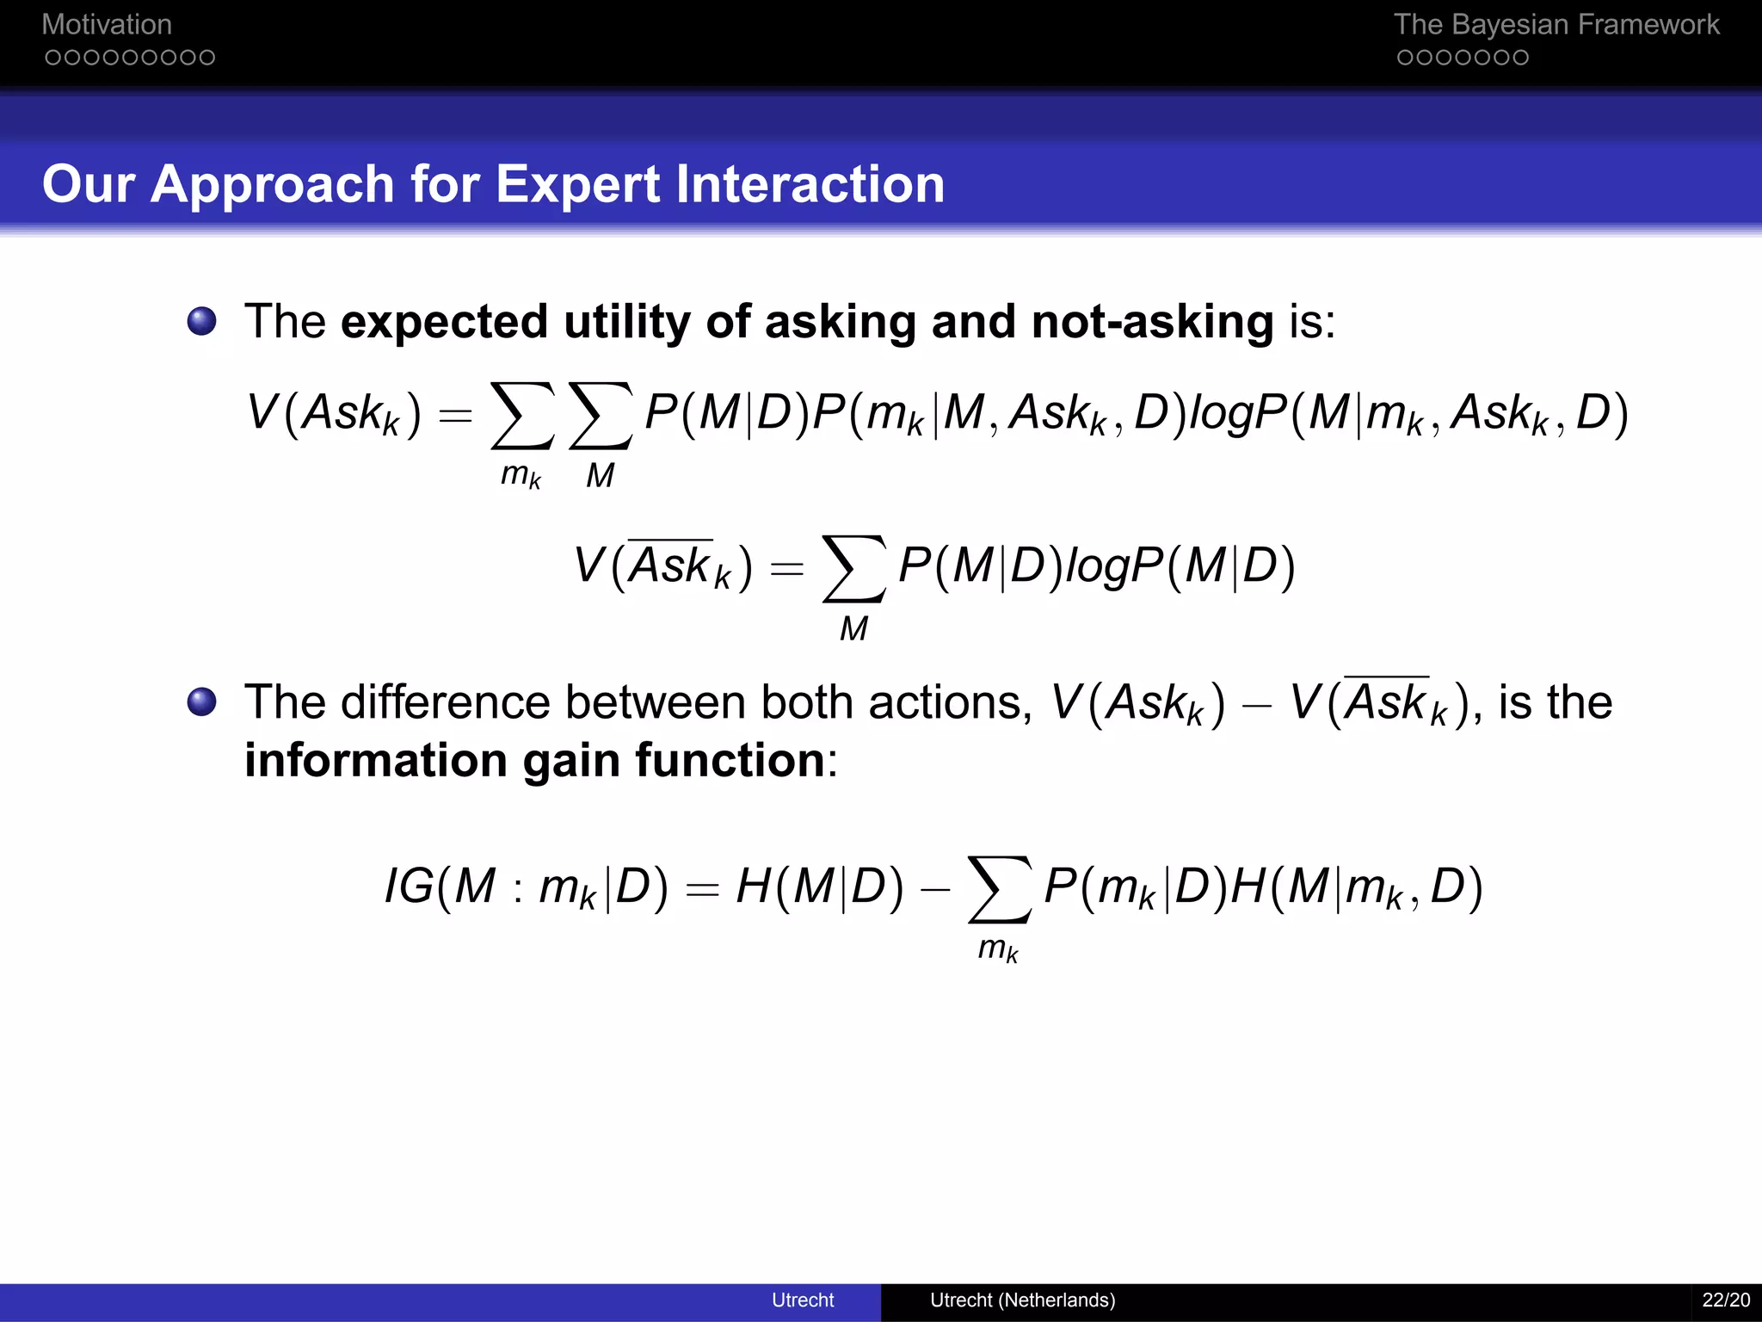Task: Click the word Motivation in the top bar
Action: (107, 25)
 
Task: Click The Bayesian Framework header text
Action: (1556, 25)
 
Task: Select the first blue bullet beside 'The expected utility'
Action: (202, 322)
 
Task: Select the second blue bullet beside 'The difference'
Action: (202, 701)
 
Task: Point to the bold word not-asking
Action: (1152, 322)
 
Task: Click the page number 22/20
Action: (1725, 1300)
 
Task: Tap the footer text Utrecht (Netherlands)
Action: (1022, 1300)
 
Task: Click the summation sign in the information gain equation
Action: (999, 889)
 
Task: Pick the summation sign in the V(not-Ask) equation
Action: (853, 569)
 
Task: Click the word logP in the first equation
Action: (1238, 413)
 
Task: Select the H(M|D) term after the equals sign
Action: (820, 886)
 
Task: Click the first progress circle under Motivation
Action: (52, 58)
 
